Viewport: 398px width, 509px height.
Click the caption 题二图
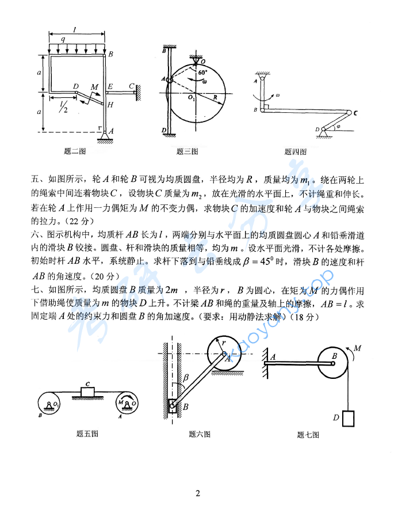point(75,151)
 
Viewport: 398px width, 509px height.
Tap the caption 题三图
point(187,151)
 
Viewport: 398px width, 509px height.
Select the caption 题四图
point(295,152)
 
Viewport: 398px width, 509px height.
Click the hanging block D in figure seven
point(349,417)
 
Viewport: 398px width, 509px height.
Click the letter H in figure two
point(110,104)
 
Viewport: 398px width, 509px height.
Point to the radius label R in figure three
point(214,99)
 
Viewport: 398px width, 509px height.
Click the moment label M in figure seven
point(358,348)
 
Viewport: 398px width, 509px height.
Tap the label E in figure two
point(110,86)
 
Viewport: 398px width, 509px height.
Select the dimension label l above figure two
point(75,28)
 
